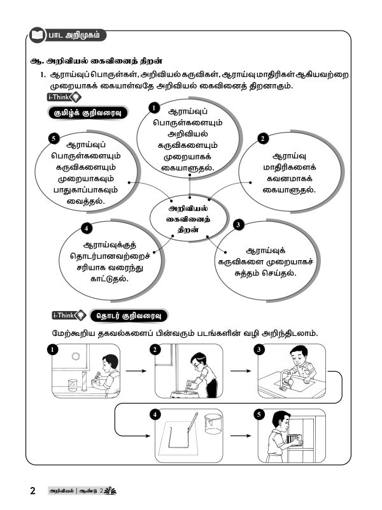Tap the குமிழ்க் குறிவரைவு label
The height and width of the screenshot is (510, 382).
pos(88,113)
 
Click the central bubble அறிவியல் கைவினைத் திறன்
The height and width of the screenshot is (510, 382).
pos(188,219)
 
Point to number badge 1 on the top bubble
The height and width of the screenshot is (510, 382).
pos(153,108)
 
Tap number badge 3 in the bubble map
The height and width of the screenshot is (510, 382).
pos(237,225)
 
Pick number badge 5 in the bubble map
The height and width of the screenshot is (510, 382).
pos(53,138)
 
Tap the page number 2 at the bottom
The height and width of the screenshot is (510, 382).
pos(32,492)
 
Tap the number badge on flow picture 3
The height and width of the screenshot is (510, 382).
pos(258,349)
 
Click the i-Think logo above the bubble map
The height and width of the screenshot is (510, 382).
pos(64,97)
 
